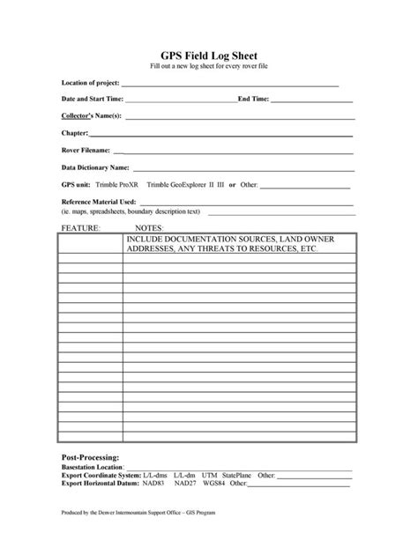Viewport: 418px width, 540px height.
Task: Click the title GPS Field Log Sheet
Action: (x=208, y=54)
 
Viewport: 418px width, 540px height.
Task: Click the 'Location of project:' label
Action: (x=90, y=84)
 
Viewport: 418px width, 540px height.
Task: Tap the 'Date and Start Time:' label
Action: (x=93, y=100)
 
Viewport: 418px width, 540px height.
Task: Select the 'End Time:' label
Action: (x=253, y=100)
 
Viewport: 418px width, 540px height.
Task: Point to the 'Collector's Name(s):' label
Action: (x=91, y=116)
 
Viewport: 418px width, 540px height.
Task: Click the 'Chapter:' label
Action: (x=74, y=133)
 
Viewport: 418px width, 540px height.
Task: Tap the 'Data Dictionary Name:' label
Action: (x=95, y=166)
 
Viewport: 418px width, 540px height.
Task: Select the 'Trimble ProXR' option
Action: (x=117, y=186)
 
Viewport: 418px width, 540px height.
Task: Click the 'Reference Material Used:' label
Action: (x=98, y=203)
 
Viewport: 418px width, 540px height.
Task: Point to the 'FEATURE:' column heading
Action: (x=80, y=227)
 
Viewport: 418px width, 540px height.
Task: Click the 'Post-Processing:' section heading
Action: (x=90, y=459)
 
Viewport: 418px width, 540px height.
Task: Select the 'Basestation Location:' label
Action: (x=92, y=468)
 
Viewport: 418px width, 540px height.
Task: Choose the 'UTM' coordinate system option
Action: (x=210, y=476)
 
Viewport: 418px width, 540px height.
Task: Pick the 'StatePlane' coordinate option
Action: (x=237, y=476)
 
